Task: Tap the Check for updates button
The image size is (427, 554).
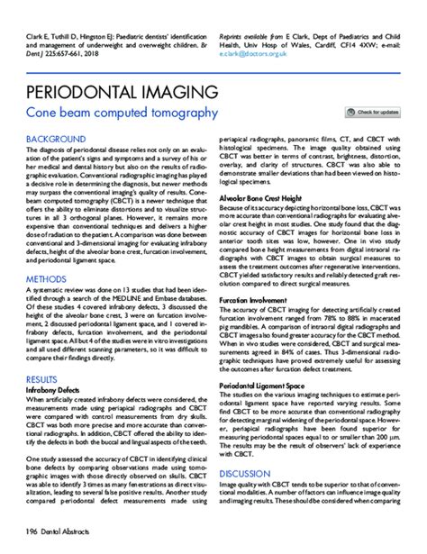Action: click(374, 113)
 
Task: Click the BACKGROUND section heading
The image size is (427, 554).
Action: click(56, 139)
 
